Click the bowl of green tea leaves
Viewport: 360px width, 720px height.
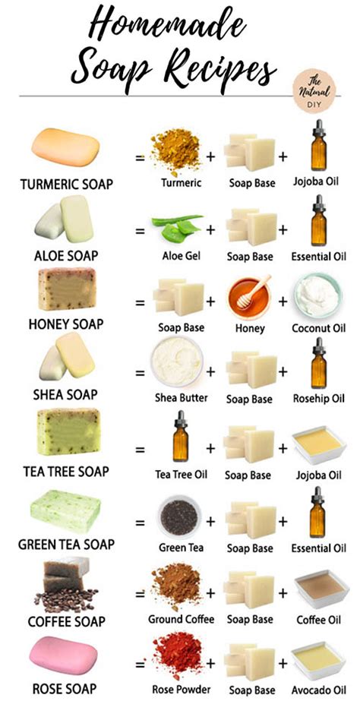(x=179, y=516)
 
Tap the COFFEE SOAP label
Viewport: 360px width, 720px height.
(x=66, y=622)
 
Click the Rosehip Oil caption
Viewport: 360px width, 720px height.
(x=319, y=398)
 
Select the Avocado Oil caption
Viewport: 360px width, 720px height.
(x=319, y=690)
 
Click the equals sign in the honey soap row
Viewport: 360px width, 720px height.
(x=140, y=302)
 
